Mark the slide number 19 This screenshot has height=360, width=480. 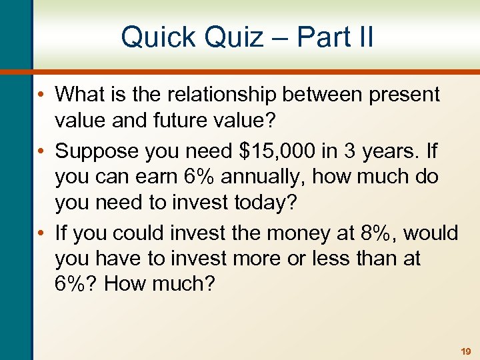pyautogui.click(x=465, y=351)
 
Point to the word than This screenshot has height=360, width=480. pyautogui.click(x=373, y=258)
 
